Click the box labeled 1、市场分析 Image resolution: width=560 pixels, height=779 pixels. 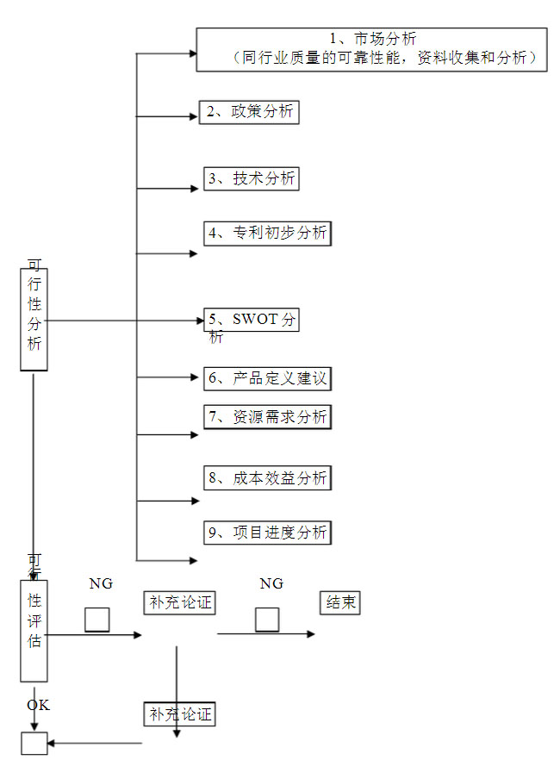pyautogui.click(x=371, y=49)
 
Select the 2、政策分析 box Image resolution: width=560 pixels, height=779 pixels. pyautogui.click(x=250, y=113)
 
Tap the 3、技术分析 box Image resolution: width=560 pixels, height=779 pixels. pyautogui.click(x=252, y=178)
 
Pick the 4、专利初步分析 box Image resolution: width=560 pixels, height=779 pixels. pyautogui.click(x=268, y=233)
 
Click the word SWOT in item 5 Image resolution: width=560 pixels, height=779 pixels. pyautogui.click(x=255, y=320)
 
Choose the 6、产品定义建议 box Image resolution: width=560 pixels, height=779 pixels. pyautogui.click(x=268, y=378)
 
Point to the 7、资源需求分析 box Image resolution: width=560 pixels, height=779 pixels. pyautogui.click(x=268, y=417)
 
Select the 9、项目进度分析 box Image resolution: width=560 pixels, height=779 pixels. pyautogui.click(x=268, y=533)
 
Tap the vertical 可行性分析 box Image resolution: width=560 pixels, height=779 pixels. pyautogui.click(x=34, y=320)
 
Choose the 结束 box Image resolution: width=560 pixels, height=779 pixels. pyautogui.click(x=339, y=603)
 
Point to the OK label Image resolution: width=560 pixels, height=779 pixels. pyautogui.click(x=38, y=706)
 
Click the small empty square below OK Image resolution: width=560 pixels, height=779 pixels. pyautogui.click(x=34, y=743)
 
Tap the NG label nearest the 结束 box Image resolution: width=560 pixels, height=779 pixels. pyautogui.click(x=271, y=584)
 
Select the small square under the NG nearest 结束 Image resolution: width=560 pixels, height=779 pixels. pyautogui.click(x=267, y=620)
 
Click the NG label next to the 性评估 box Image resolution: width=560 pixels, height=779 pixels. pyautogui.click(x=101, y=584)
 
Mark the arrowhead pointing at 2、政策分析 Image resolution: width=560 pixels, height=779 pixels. pyautogui.click(x=194, y=115)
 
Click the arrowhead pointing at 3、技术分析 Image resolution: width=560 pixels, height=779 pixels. pyautogui.click(x=194, y=188)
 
